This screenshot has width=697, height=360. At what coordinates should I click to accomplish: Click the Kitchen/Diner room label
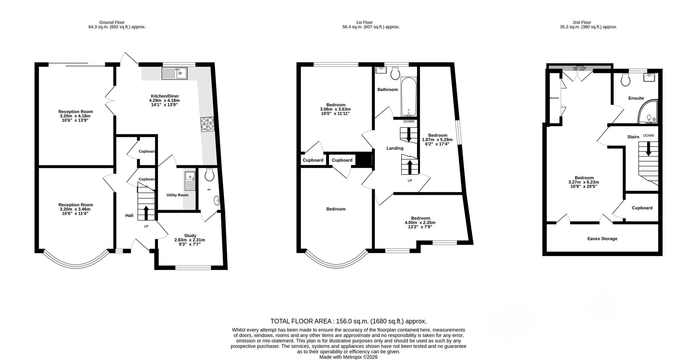164,96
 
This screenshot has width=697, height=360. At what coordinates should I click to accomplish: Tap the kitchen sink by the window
174,73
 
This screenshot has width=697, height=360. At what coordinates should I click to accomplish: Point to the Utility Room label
177,195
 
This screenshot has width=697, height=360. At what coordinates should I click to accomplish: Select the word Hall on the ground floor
129,216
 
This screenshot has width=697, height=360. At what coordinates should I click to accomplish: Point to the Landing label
395,148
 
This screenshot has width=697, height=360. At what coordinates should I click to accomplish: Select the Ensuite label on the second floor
636,98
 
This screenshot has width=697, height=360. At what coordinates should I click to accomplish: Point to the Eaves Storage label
602,239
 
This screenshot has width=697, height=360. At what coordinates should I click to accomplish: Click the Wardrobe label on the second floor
554,98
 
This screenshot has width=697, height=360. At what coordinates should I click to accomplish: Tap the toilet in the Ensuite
625,79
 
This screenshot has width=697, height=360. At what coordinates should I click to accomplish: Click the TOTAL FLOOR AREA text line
348,321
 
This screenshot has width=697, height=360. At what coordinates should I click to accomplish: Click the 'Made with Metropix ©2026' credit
348,357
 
